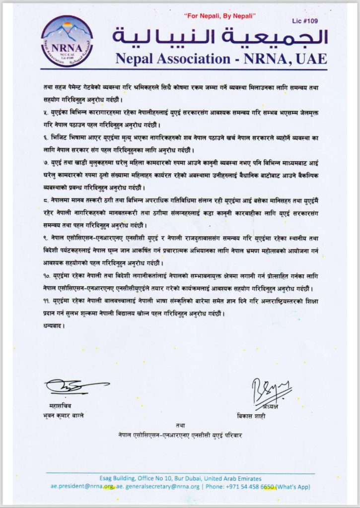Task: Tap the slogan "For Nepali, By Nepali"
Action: click(x=220, y=17)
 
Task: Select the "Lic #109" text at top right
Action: click(x=306, y=22)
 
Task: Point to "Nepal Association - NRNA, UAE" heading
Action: click(x=221, y=59)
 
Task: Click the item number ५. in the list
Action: click(x=47, y=113)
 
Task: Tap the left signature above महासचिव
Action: click(x=74, y=385)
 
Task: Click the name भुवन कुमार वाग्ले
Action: click(x=65, y=415)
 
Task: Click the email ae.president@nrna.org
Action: click(x=82, y=487)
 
